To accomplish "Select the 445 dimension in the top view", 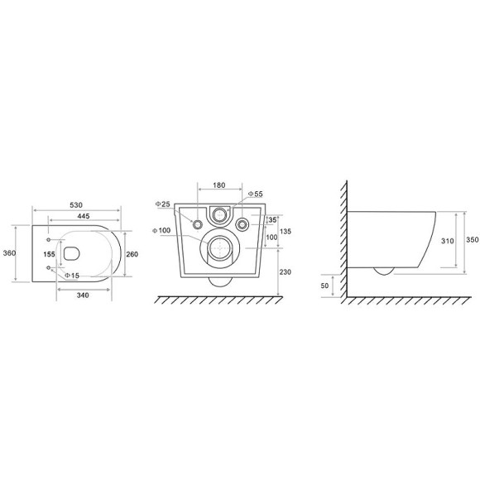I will [84, 217].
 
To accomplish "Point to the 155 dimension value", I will [49, 256].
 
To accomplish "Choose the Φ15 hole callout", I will [72, 276].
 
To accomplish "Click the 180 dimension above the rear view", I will [218, 185].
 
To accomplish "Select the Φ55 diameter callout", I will [256, 194].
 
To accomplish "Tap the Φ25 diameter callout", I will [162, 204].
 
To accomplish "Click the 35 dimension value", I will [271, 220].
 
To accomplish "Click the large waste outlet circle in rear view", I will [219, 248].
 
